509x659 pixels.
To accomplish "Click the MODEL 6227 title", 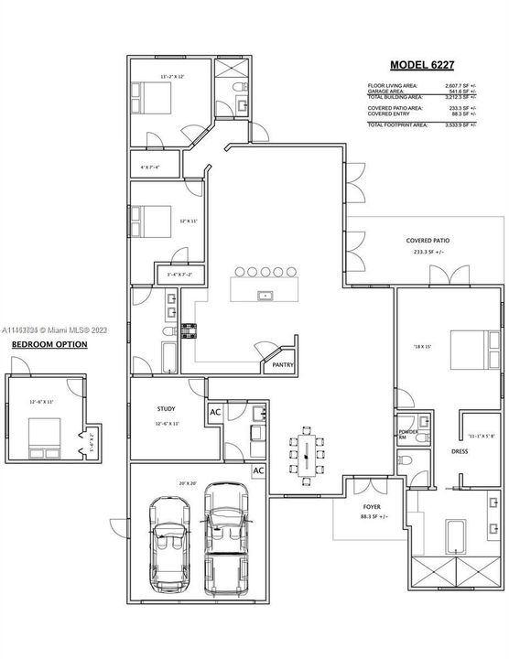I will [422, 65].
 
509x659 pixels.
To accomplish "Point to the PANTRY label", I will [281, 364].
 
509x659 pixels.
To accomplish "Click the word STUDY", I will [166, 410].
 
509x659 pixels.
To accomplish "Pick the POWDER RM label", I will [407, 434].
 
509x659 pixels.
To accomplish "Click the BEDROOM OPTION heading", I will [49, 345].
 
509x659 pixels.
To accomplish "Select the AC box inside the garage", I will [259, 470].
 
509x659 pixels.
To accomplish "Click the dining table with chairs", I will [305, 455].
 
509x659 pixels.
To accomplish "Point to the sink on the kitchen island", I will [265, 296].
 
